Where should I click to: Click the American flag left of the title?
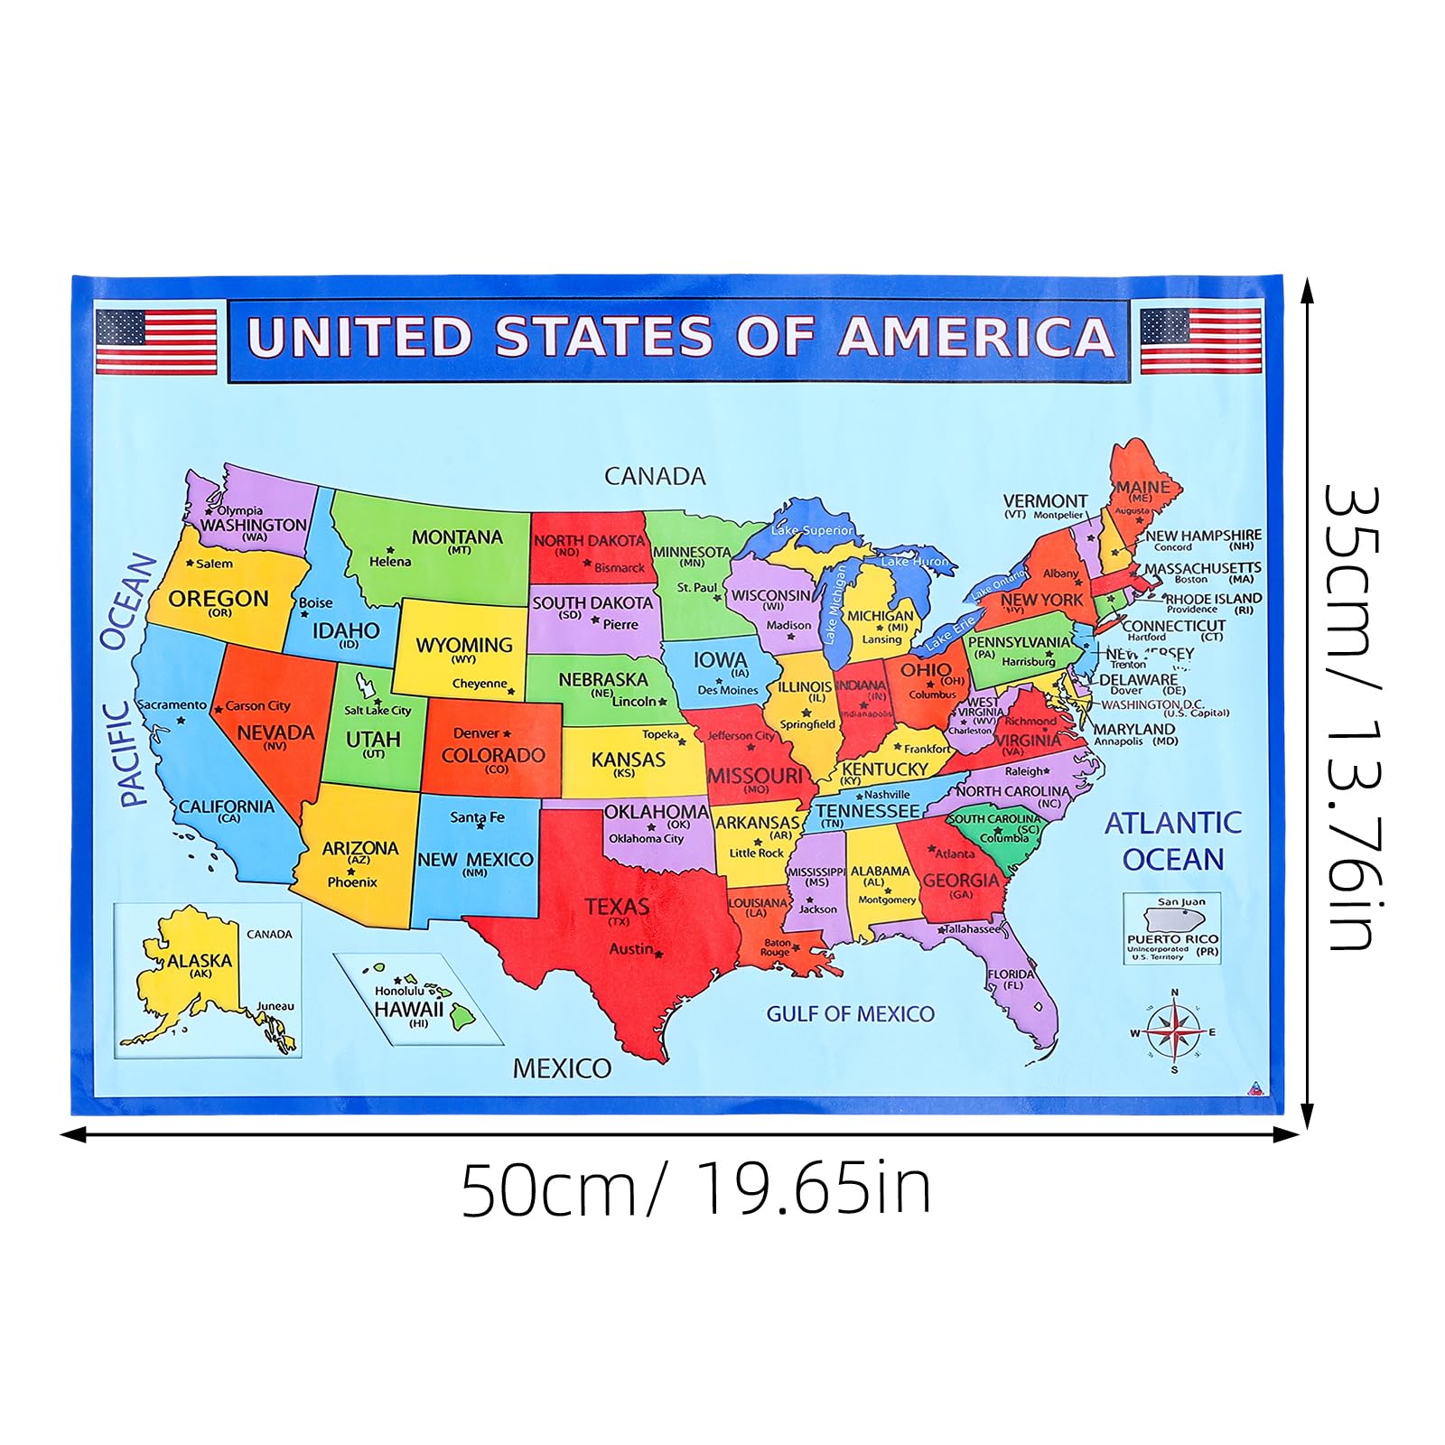(156, 340)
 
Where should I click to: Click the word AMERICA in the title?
(977, 337)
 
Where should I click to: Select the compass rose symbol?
(1173, 1031)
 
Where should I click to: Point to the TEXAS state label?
(617, 907)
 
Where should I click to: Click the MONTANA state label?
(457, 537)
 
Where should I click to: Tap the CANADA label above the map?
(655, 476)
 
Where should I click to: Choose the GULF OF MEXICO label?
(850, 1014)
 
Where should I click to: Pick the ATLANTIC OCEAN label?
(1172, 841)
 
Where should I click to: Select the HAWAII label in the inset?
(409, 1010)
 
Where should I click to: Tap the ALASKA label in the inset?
(200, 961)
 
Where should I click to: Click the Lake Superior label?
(812, 530)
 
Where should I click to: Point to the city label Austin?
(631, 948)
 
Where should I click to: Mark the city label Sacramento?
(172, 704)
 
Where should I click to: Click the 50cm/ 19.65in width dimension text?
(695, 1190)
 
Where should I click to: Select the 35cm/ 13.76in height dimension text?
(1352, 718)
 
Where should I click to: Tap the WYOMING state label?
(463, 645)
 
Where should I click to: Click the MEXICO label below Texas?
(562, 1068)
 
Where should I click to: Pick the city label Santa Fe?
(477, 817)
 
